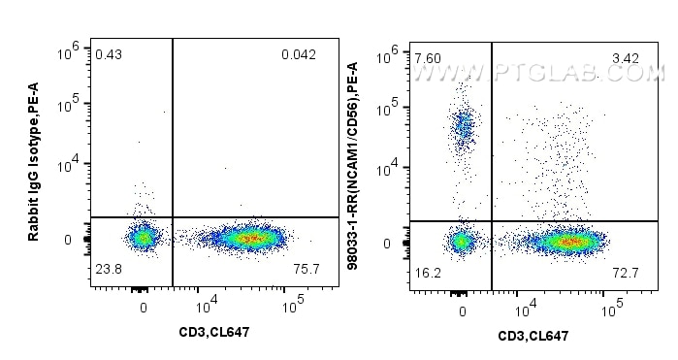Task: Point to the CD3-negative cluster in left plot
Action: [143, 236]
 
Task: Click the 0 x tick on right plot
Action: [462, 311]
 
